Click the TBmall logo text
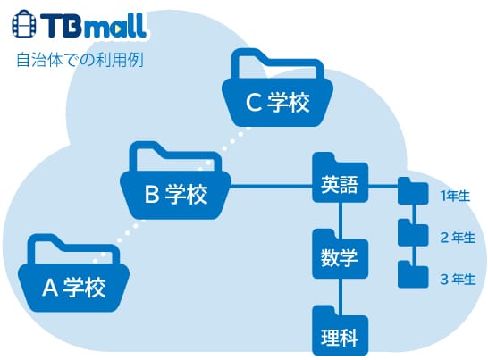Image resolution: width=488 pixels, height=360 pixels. (x=93, y=26)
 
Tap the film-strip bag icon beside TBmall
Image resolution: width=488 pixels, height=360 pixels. (x=24, y=23)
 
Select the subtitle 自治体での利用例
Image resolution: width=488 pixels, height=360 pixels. (x=80, y=60)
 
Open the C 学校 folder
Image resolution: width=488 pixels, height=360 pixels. (x=277, y=88)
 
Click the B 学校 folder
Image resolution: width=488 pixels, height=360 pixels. (x=176, y=180)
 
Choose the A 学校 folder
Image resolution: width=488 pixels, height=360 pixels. (x=74, y=272)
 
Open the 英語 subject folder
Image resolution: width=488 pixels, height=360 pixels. (x=341, y=178)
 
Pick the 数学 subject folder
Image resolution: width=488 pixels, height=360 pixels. (x=341, y=254)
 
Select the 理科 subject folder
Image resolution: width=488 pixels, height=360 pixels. (x=341, y=331)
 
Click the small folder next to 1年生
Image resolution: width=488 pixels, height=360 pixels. (x=413, y=191)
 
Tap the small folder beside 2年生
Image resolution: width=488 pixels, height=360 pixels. (x=413, y=232)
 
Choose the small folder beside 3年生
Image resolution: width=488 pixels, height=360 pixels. (x=413, y=274)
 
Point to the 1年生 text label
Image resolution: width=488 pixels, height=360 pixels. (x=455, y=196)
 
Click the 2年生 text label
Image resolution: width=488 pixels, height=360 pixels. (x=458, y=238)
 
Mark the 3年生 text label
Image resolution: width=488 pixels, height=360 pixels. (x=458, y=280)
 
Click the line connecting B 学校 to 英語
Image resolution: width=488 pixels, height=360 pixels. (x=272, y=186)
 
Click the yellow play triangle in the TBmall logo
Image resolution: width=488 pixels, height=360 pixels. (x=119, y=29)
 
